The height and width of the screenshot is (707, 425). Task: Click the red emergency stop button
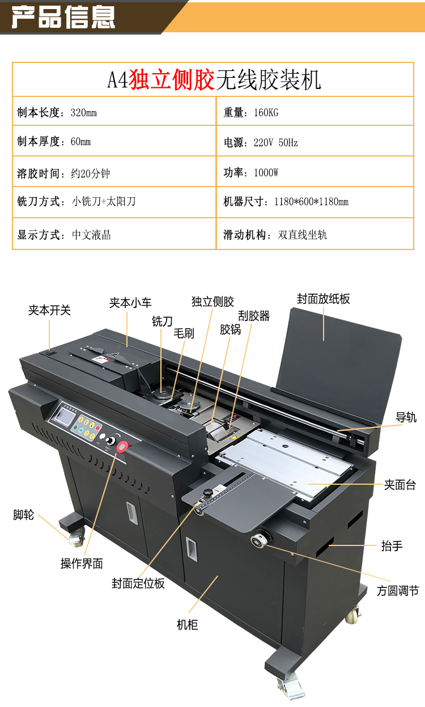122,447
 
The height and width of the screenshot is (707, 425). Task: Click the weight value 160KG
266,113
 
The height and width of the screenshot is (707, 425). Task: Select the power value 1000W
266,173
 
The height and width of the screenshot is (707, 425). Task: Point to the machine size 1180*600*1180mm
312,201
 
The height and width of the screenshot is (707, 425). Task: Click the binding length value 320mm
84,113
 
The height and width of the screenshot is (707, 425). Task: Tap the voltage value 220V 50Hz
276,143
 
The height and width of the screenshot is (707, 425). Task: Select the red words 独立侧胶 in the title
172,79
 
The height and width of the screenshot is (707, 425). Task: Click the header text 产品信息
63,17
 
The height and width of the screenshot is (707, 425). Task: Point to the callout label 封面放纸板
324,299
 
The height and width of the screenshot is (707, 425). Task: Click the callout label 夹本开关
49,310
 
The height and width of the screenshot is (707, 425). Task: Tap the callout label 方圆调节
398,591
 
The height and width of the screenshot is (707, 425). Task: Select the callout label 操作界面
82,564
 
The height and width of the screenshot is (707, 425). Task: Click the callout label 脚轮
23,515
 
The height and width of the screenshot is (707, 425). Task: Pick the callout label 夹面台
399,485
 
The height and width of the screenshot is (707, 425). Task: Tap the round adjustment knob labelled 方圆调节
260,540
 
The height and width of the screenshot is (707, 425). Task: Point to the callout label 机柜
187,625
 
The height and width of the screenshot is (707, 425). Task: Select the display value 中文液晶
91,235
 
